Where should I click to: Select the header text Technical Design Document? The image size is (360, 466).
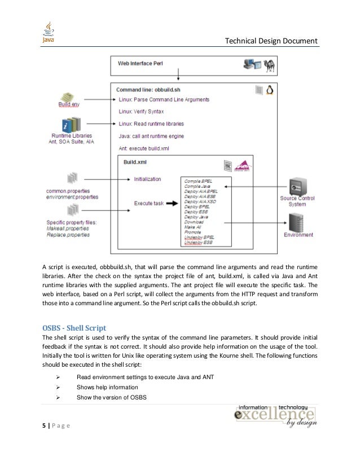coord(271,41)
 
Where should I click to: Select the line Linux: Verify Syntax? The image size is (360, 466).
coord(142,112)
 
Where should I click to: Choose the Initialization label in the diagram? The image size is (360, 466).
coord(147,179)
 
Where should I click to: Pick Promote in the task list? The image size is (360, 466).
coord(193,232)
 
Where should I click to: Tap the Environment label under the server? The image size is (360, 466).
coord(298,235)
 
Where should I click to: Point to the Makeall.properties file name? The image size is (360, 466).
coord(68,228)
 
